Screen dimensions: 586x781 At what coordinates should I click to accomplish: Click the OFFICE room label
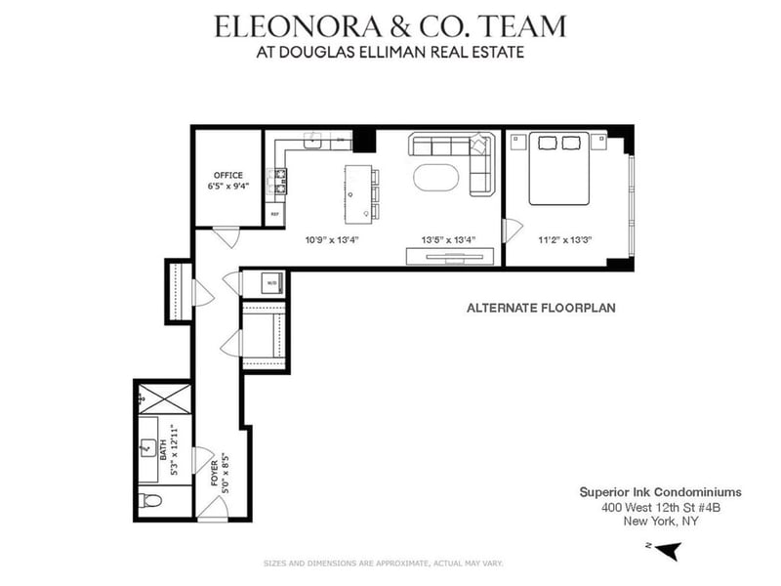click(x=227, y=176)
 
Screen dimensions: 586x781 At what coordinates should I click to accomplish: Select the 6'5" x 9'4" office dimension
click(x=227, y=186)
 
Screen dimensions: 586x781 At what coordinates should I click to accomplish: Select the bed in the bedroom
click(x=558, y=168)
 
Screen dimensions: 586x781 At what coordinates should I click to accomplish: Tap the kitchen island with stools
click(x=360, y=190)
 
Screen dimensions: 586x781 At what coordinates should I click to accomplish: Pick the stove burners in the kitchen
click(x=279, y=180)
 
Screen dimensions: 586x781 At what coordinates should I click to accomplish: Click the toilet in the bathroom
click(x=148, y=501)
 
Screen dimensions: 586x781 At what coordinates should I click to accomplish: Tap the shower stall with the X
click(x=160, y=398)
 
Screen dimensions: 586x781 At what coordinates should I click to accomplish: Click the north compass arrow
click(x=668, y=551)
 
